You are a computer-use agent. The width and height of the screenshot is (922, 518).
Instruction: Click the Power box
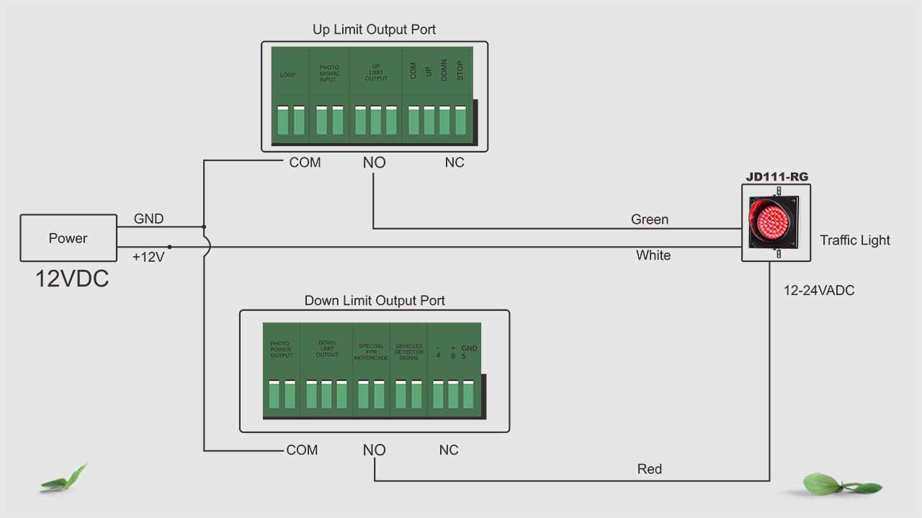(68, 238)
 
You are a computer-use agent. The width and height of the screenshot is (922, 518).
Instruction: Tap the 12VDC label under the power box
(72, 278)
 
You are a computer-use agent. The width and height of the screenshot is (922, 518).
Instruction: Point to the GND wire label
(148, 219)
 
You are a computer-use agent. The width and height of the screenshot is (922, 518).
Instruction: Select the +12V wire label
(148, 257)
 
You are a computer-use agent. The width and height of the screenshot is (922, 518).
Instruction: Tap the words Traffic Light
(855, 240)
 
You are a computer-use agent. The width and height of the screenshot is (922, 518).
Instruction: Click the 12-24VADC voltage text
(819, 291)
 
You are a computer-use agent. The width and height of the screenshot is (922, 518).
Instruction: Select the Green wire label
(650, 219)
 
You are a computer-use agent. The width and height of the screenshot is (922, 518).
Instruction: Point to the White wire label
(653, 255)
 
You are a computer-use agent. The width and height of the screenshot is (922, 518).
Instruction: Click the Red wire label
(650, 469)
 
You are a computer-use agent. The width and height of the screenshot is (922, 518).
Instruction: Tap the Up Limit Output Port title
(374, 29)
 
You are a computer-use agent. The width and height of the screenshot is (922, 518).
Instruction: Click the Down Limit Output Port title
(375, 300)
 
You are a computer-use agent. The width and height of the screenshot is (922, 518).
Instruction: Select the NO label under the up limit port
(374, 163)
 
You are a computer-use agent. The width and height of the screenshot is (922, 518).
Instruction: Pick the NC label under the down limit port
(449, 450)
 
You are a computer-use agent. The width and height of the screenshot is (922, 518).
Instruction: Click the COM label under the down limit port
(302, 450)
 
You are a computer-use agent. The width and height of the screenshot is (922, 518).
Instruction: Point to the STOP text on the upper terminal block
(460, 71)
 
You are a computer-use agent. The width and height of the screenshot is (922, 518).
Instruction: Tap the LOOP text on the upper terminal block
(288, 75)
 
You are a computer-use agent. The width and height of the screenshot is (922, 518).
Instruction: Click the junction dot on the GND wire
(204, 227)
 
